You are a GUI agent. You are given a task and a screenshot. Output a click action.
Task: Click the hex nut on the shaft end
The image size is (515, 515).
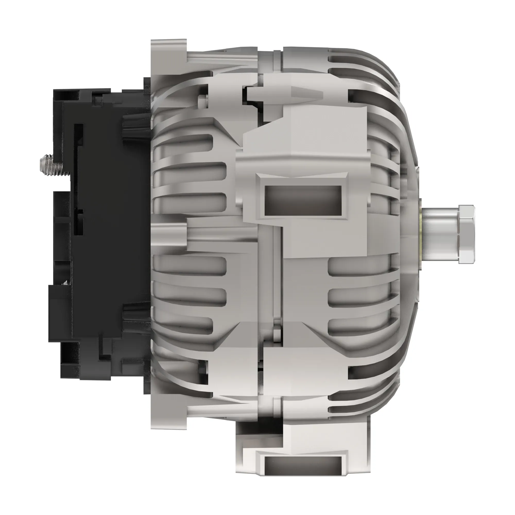coord(466,234)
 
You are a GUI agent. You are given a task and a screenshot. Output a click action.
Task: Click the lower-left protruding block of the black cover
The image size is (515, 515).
coord(60,313)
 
